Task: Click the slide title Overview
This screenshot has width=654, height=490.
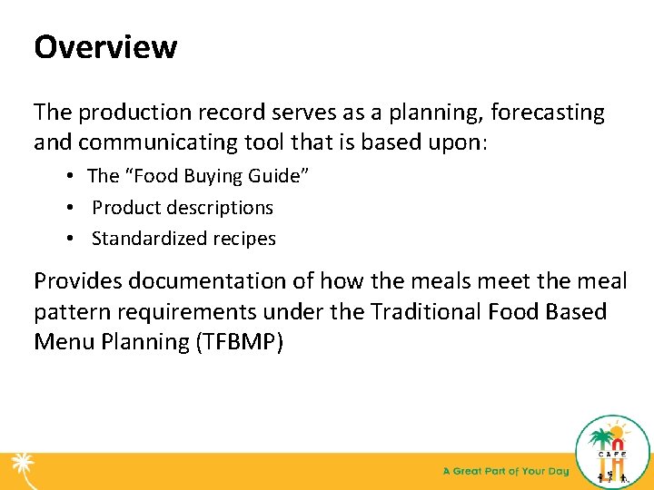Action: pyautogui.click(x=105, y=47)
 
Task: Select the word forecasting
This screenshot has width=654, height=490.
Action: pyautogui.click(x=548, y=113)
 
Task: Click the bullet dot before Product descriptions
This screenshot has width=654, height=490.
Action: pyautogui.click(x=69, y=208)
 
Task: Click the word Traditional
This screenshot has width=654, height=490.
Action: pyautogui.click(x=429, y=313)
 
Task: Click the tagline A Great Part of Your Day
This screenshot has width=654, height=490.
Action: pyautogui.click(x=505, y=472)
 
